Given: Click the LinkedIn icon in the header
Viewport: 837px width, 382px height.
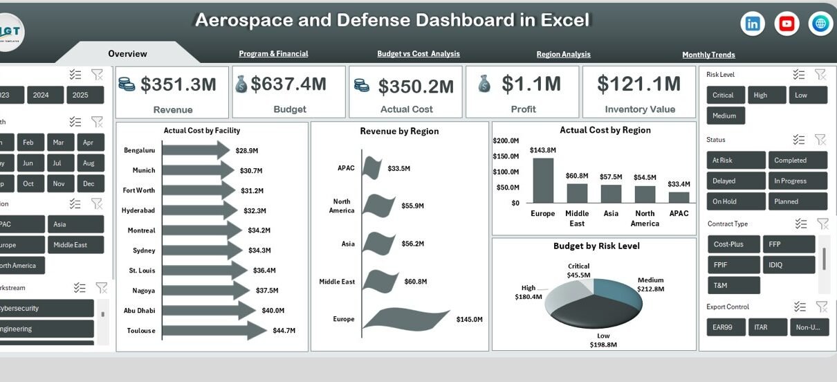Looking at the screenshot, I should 753,24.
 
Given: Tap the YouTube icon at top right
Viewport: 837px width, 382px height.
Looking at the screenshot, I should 787,24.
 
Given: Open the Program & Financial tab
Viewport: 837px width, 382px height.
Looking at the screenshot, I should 273,53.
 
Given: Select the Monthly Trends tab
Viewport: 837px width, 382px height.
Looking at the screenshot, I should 708,55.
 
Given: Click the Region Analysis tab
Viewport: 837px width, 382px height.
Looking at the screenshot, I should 563,54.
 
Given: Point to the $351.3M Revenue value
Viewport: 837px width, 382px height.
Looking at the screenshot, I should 178,84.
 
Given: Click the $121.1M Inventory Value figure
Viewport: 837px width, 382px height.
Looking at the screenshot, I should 639,84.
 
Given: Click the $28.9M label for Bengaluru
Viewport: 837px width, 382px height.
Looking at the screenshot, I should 247,150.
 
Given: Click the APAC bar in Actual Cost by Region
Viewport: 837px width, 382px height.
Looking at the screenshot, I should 679,197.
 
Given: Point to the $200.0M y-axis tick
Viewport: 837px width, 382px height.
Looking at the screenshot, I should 506,140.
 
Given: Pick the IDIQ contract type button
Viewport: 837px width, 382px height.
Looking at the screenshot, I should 789,264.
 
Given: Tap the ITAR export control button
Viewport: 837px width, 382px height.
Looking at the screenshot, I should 767,327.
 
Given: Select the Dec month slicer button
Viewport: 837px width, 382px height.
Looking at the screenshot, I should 88,183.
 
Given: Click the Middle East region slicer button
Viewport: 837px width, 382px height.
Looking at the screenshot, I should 75,244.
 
